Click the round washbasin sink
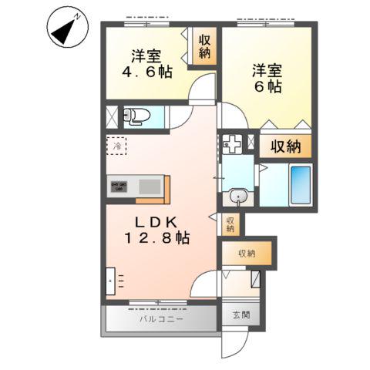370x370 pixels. (240, 198)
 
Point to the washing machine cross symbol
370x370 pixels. (232, 144)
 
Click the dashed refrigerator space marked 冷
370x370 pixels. (117, 145)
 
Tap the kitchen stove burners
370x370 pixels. (119, 186)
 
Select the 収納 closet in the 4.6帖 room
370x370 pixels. (204, 47)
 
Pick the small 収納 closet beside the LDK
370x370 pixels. (230, 224)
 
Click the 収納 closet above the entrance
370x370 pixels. (246, 253)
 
